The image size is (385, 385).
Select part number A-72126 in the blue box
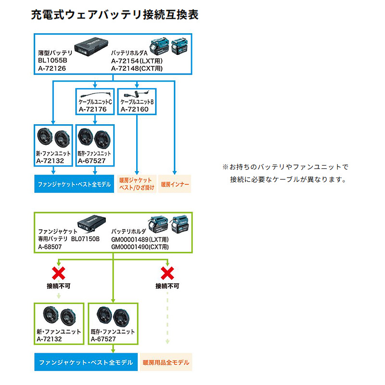(x=51, y=68)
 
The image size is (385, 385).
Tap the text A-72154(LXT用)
(x=136, y=61)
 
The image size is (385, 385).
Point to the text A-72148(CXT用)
(x=137, y=68)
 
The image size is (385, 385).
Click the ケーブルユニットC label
(x=95, y=102)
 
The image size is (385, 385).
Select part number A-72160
(x=134, y=109)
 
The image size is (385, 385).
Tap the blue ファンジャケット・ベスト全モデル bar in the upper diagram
(x=74, y=184)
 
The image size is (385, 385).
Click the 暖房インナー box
(x=175, y=184)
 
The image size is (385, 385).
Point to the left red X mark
(x=59, y=273)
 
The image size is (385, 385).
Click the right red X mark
(x=167, y=273)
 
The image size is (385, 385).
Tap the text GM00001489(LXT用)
(x=141, y=239)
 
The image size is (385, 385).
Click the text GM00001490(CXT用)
(x=141, y=246)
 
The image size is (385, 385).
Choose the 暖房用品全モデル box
(x=166, y=362)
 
